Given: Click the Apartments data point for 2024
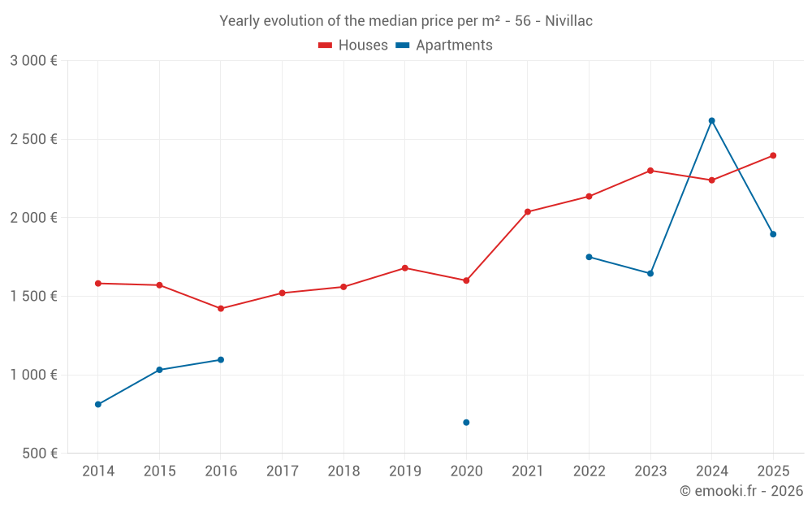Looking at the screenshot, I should (x=711, y=120).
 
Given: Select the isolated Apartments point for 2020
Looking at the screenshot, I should (x=466, y=423).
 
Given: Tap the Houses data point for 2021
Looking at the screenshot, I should (x=528, y=212).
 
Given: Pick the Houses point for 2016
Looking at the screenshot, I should (x=221, y=309).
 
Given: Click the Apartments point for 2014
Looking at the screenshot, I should (x=98, y=405).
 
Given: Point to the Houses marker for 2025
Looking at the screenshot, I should (x=773, y=155).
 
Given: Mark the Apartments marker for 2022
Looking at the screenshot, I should (x=589, y=257).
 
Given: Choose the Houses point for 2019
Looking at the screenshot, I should (x=405, y=268).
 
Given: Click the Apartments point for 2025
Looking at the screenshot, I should (x=773, y=234).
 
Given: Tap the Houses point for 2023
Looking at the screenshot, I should (x=650, y=171).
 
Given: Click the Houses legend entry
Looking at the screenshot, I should (x=353, y=46).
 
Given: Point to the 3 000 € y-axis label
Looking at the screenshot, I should (x=33, y=61).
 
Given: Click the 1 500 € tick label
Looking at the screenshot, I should (x=33, y=297).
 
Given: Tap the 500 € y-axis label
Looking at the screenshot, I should (x=39, y=454).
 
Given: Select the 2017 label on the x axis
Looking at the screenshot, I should (x=282, y=471).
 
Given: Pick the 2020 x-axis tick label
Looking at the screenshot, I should (x=466, y=471).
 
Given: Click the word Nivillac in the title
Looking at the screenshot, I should (x=564, y=21).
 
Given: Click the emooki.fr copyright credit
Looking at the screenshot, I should (x=741, y=491).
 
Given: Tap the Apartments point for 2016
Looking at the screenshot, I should (x=221, y=360).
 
